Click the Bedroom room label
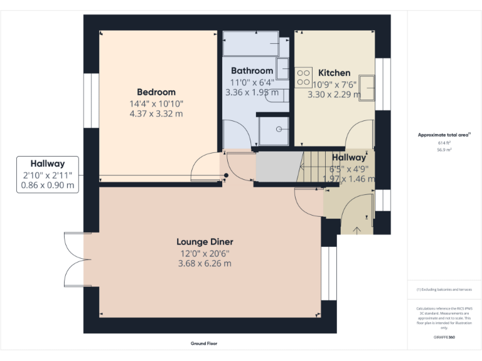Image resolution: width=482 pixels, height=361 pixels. tap(156, 92)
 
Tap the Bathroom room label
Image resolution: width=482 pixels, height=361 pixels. tap(252, 71)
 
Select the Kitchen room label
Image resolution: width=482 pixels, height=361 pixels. tap(334, 73)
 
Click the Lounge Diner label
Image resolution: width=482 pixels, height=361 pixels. tap(205, 241)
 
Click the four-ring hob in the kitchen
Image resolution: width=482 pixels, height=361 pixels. tap(304, 78)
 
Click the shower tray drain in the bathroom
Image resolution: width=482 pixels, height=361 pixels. tap(279, 129)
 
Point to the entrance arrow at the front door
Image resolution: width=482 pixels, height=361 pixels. tap(357, 229)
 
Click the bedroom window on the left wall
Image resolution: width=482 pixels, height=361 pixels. tap(92, 100)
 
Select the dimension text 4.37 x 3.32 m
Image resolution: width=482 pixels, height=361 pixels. tap(156, 113)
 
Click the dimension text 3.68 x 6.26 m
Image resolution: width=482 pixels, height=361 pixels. tap(204, 263)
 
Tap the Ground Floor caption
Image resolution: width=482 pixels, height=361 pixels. tap(204, 343)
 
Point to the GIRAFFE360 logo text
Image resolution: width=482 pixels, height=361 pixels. tap(444, 337)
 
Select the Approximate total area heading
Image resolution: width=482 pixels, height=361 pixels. tap(444, 135)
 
